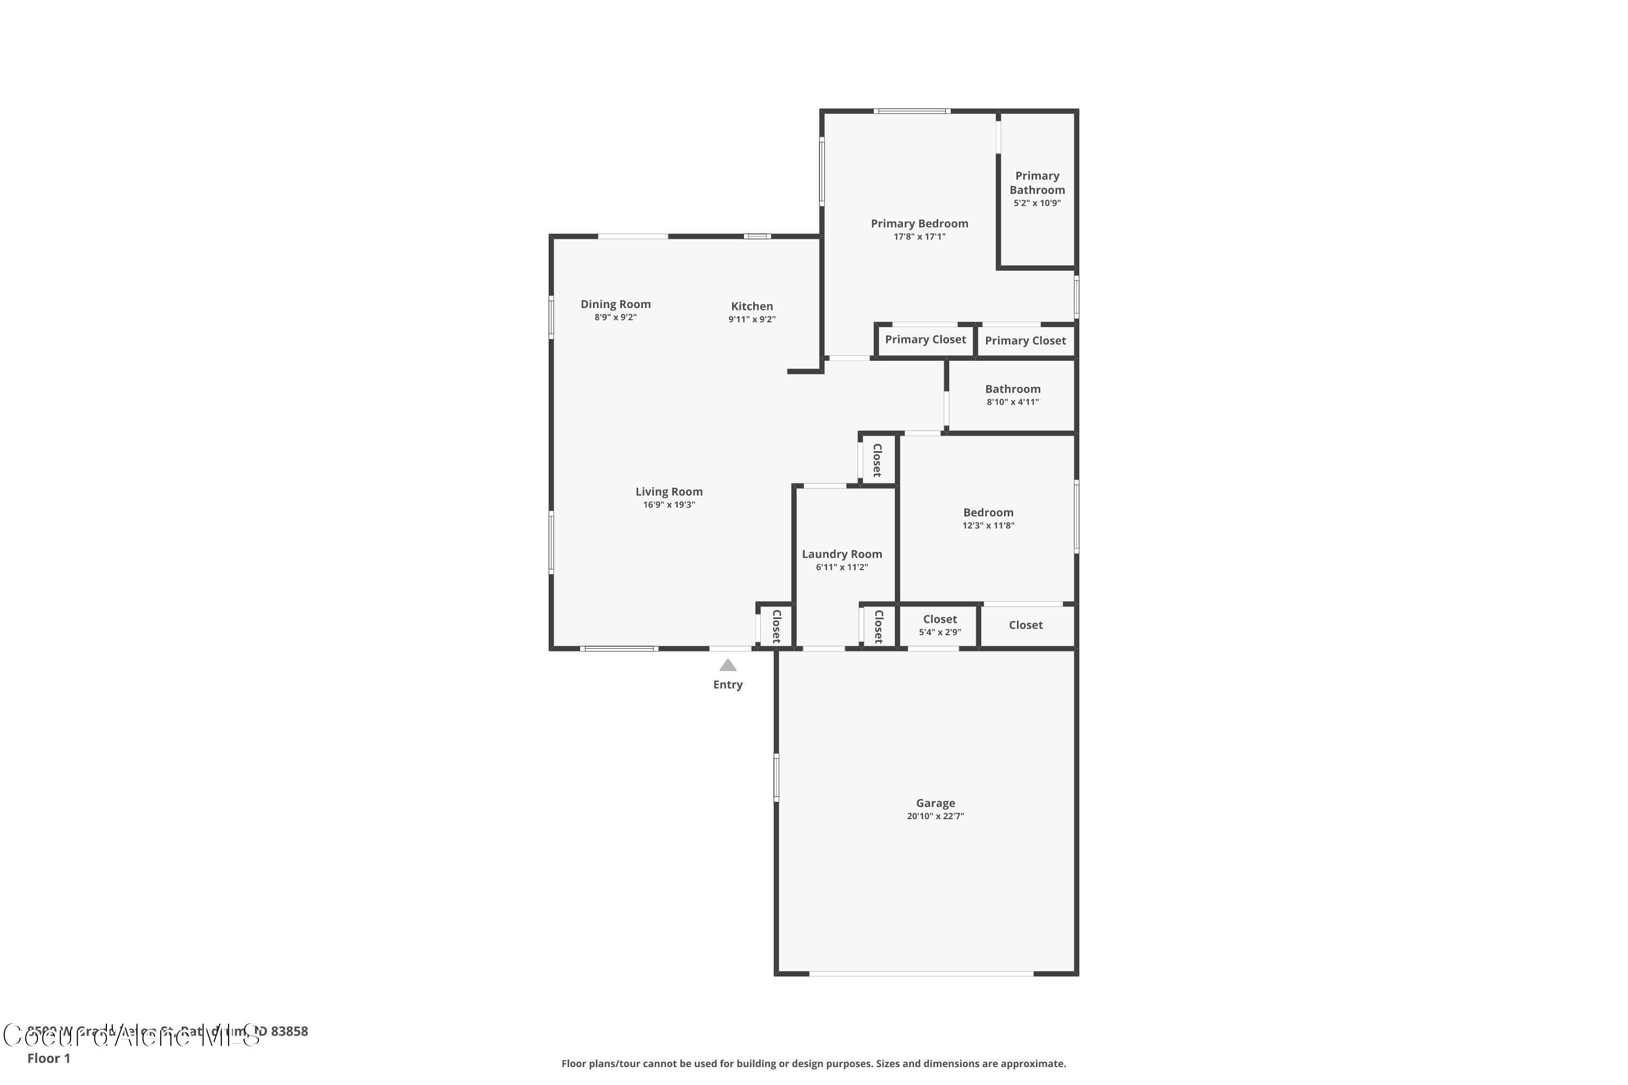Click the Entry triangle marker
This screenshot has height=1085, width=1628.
click(x=728, y=665)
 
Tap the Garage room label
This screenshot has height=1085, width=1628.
click(x=935, y=803)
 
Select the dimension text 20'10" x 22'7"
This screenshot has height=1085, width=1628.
click(x=935, y=816)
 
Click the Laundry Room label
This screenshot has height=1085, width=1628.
click(x=842, y=553)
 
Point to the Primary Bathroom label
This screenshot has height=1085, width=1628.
click(x=1037, y=183)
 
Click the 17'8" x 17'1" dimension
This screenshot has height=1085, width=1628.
click(x=919, y=237)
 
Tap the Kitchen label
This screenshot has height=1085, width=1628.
click(x=752, y=306)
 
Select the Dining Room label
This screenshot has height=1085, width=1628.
click(x=615, y=304)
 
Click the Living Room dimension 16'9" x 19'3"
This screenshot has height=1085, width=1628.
click(x=669, y=505)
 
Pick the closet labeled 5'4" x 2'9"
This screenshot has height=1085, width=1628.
click(x=939, y=625)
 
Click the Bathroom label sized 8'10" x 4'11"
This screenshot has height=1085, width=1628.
click(x=1013, y=389)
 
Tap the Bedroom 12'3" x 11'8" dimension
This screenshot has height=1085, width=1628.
click(x=988, y=525)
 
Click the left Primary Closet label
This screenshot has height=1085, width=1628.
click(x=925, y=339)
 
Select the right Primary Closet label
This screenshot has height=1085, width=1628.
click(x=1025, y=341)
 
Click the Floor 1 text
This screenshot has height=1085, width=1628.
click(x=48, y=1058)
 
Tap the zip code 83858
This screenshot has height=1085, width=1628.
click(x=289, y=1031)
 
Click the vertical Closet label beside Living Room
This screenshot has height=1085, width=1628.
click(x=777, y=626)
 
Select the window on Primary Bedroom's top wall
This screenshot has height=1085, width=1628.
click(x=911, y=111)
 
